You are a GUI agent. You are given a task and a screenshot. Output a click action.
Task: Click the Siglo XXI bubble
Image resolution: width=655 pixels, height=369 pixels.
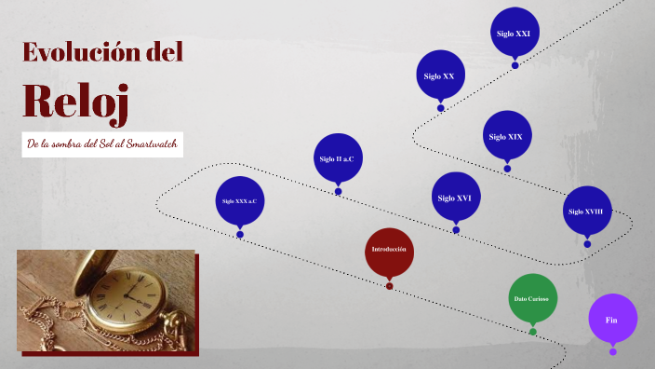[514, 33]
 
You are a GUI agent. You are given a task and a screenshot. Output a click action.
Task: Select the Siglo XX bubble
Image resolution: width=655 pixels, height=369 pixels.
[439, 75]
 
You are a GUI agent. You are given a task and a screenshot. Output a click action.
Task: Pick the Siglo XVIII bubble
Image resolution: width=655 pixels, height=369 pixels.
[586, 212]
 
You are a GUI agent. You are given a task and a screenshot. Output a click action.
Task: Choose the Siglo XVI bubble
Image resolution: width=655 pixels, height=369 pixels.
[456, 198]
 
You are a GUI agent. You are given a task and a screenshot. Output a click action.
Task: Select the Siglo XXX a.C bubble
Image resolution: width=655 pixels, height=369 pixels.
[239, 201]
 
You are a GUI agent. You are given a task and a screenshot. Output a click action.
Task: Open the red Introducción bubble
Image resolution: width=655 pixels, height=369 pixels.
[389, 250]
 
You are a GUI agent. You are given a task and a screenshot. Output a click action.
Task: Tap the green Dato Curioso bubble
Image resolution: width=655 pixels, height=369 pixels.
[532, 298]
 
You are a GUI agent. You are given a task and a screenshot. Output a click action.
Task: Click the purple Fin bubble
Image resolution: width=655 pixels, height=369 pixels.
[612, 319]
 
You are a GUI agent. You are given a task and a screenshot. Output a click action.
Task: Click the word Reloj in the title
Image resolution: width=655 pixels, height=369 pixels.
[74, 101]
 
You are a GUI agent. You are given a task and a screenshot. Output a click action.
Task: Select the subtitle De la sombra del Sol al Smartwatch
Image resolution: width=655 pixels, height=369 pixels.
[101, 144]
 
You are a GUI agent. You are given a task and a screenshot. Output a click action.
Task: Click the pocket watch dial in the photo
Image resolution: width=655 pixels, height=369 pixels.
[129, 295]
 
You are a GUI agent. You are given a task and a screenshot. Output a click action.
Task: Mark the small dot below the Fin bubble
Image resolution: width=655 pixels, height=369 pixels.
[612, 351]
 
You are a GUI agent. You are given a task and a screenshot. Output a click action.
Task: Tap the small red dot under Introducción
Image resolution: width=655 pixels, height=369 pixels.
[389, 286]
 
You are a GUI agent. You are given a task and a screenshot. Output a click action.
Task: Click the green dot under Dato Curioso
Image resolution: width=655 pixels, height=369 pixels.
[532, 331]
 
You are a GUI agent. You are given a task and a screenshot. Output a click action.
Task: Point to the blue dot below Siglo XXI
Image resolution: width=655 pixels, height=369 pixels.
[515, 65]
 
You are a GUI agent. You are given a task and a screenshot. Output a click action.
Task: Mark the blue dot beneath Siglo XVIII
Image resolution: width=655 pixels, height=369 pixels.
[587, 244]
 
